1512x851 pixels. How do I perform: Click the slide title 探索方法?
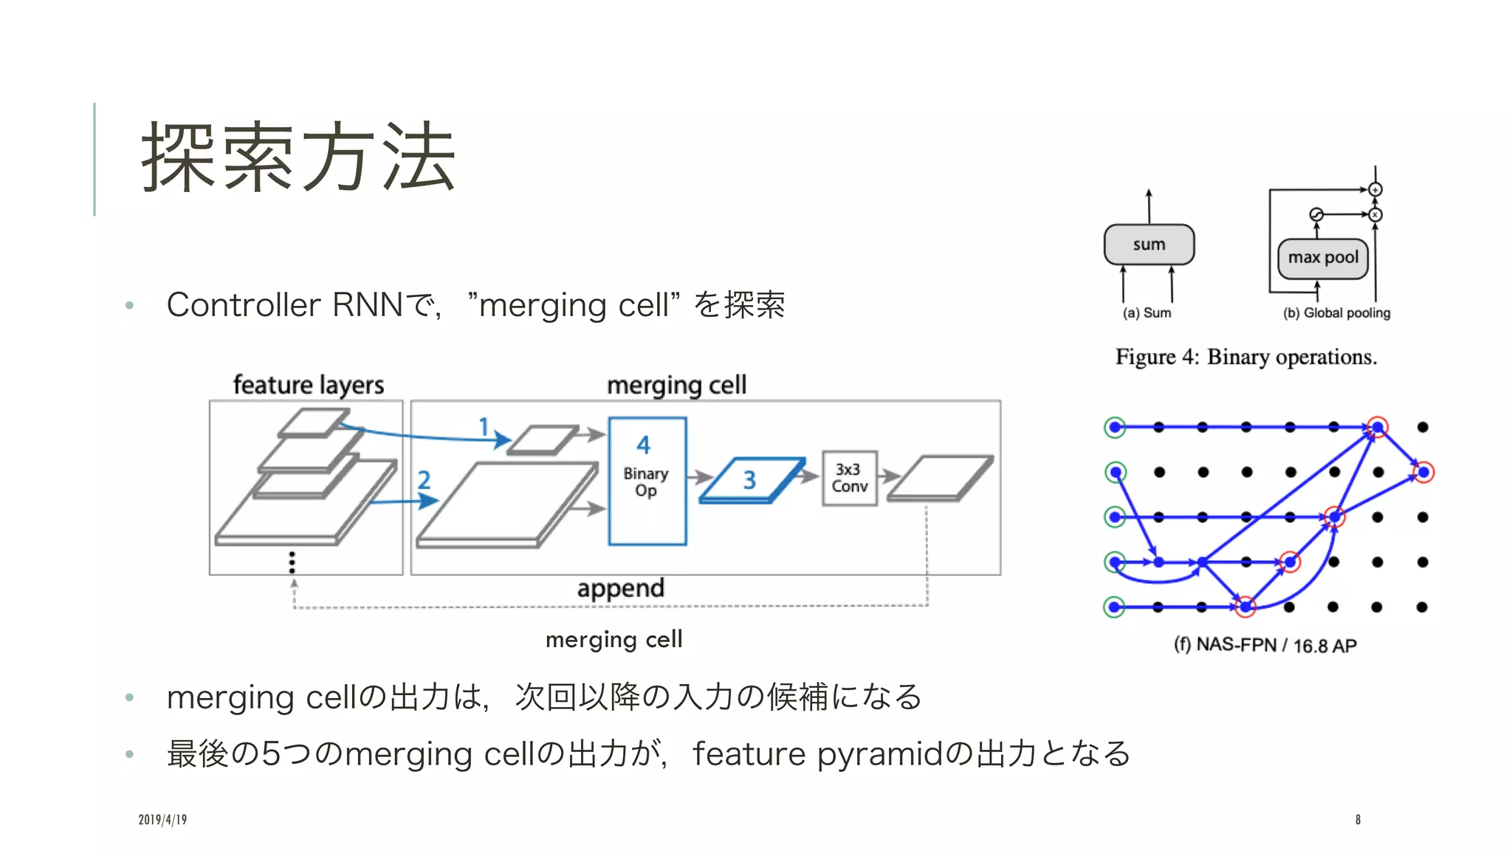[x=298, y=157]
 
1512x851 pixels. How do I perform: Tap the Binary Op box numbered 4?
[x=647, y=481]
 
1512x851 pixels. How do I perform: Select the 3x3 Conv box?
[x=850, y=478]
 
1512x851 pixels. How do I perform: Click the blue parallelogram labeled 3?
[x=751, y=480]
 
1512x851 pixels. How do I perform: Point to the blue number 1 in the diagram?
[x=484, y=426]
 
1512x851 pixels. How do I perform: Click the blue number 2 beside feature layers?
[x=424, y=480]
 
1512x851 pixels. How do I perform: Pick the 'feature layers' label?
[x=309, y=385]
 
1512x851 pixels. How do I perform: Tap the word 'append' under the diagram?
[x=620, y=589]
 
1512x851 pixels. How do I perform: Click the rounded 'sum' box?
[x=1149, y=245]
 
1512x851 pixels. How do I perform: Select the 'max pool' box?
[x=1323, y=258]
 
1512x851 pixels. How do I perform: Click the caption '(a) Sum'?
[x=1147, y=313]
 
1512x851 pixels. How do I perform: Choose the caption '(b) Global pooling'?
[x=1336, y=313]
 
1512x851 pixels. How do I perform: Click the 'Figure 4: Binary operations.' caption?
[x=1246, y=358]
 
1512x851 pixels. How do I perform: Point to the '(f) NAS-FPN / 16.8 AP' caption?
[x=1265, y=645]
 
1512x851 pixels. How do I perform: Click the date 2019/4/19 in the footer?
[x=162, y=819]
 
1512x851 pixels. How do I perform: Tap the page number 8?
[x=1358, y=819]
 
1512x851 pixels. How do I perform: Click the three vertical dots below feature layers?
[x=292, y=562]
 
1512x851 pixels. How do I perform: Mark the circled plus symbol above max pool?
[x=1375, y=190]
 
